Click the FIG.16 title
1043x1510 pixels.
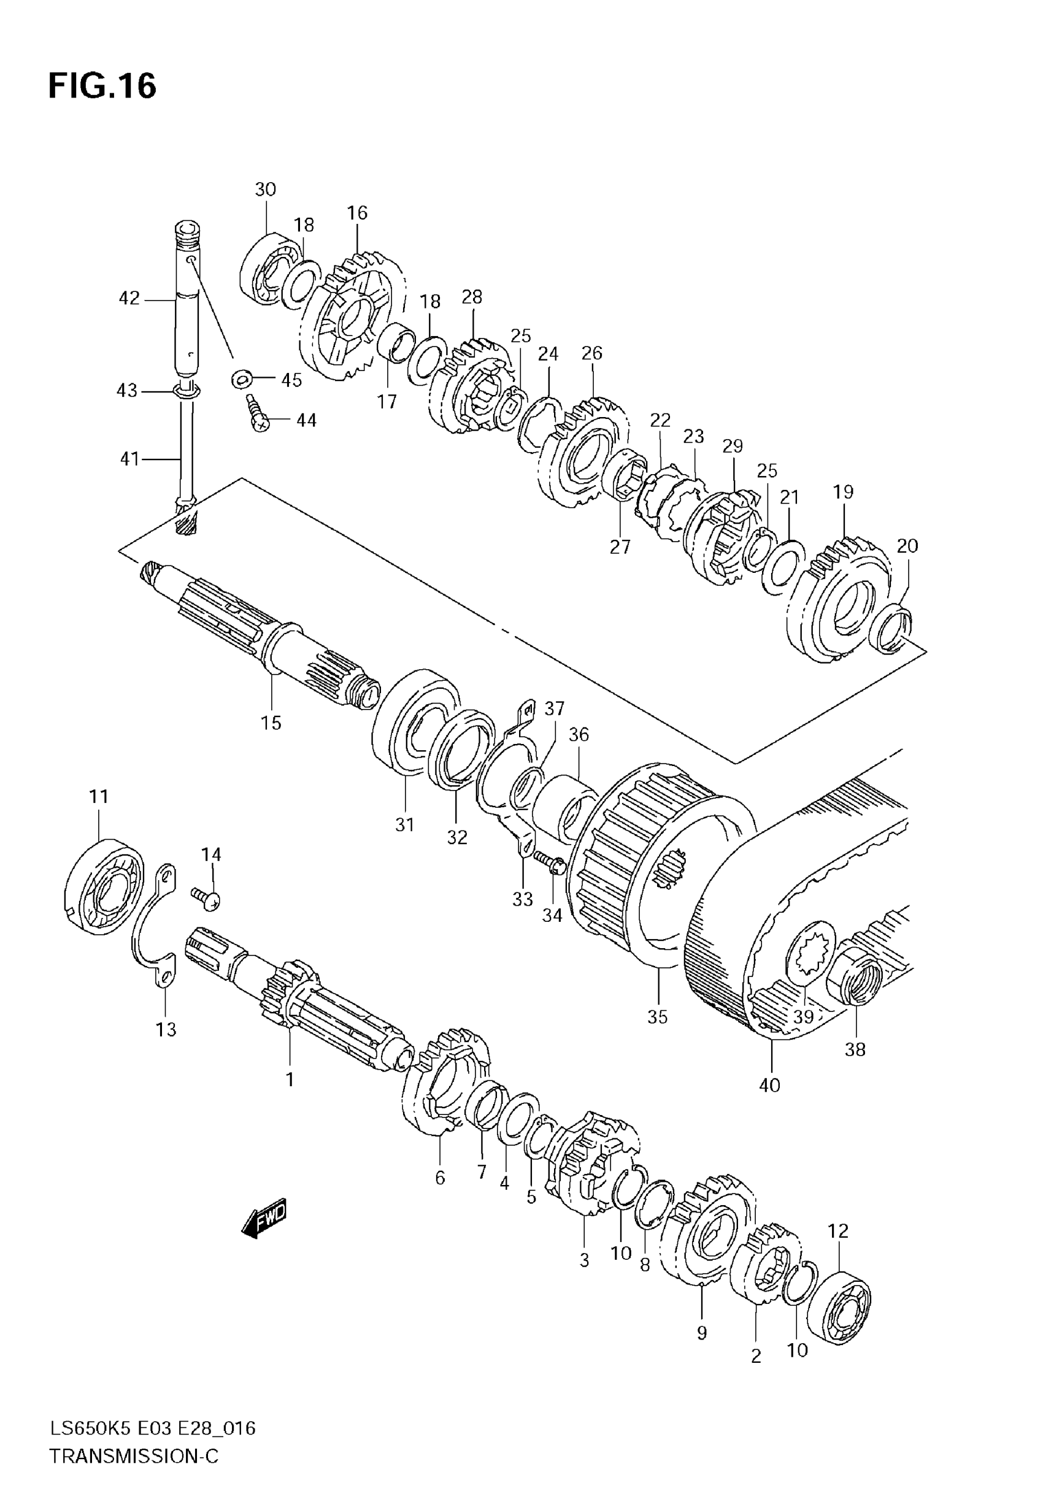tap(102, 86)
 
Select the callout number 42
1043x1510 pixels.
tap(129, 299)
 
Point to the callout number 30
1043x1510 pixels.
tap(265, 190)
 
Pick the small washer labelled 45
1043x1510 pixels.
tap(242, 378)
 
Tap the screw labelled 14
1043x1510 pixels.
tap(207, 898)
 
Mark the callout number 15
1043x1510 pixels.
tap(271, 723)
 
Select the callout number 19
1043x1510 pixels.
tap(843, 492)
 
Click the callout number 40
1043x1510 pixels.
tap(770, 1086)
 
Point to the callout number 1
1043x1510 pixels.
tap(290, 1079)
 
